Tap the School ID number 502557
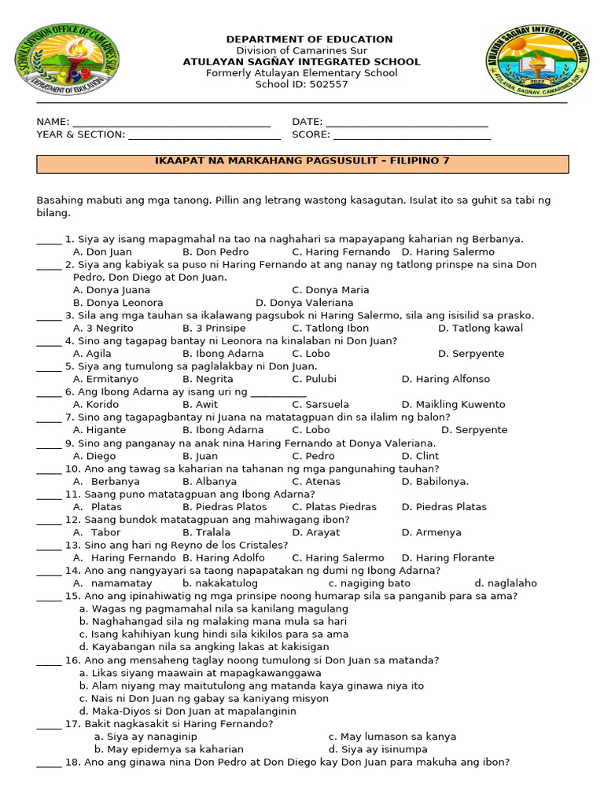point(330,85)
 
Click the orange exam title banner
point(303,164)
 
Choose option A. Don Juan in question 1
point(102,252)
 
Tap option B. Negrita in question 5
point(208,379)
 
